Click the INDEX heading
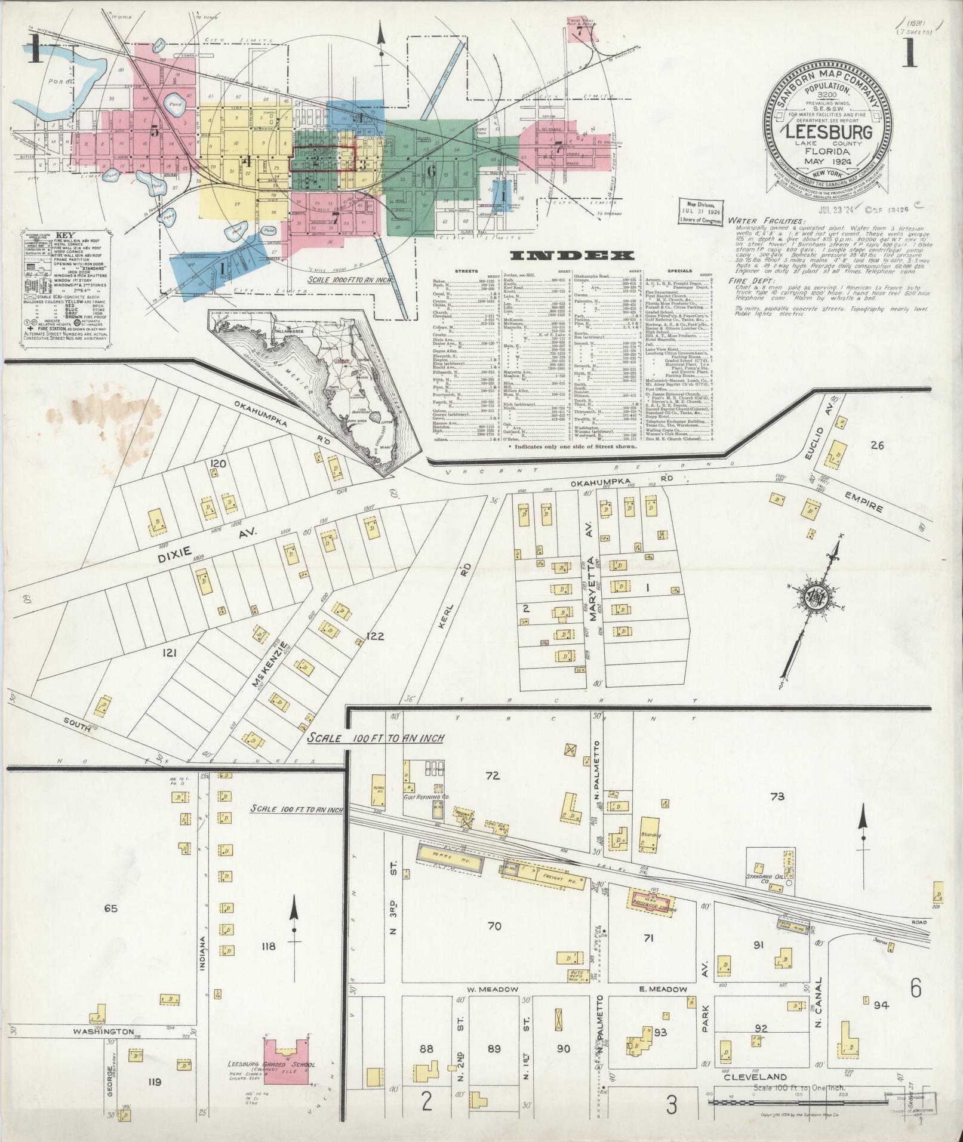coord(571,256)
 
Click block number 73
coord(777,796)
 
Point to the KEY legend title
coord(65,235)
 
